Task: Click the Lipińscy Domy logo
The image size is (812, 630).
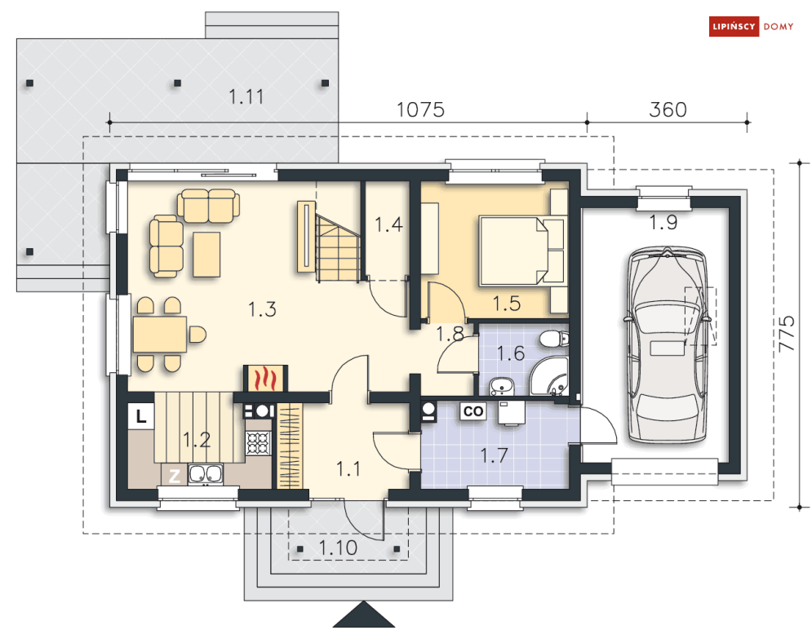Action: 751,26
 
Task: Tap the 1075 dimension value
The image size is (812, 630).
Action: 420,109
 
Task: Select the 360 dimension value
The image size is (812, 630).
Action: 668,109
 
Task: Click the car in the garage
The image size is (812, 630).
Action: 667,345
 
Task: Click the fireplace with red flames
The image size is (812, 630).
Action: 265,379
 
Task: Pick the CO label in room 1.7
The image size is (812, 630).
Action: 473,411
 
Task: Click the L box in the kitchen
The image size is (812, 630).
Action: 141,415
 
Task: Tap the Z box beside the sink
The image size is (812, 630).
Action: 175,476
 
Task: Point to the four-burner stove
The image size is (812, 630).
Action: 258,443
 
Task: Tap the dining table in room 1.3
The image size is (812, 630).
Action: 159,335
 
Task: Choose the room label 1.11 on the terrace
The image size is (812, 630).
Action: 246,97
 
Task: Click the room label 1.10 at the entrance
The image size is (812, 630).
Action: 338,548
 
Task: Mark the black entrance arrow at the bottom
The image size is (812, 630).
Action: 363,615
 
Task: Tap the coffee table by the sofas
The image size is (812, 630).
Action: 206,254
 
